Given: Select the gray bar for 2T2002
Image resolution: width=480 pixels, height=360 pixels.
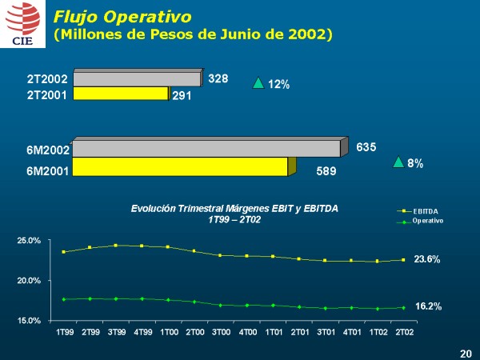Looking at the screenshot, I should (x=136, y=79).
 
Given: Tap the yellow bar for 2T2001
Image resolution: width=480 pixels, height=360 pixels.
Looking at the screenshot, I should (x=121, y=94).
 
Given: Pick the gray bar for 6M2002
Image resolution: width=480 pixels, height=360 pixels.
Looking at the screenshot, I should (x=206, y=149).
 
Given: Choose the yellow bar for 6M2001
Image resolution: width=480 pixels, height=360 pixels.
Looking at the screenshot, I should (x=180, y=166).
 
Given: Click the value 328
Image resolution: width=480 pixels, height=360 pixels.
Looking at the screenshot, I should (x=218, y=79).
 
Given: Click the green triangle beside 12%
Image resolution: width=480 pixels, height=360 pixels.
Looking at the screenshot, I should (x=258, y=82).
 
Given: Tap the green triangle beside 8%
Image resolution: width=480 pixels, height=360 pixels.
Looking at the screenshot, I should (x=398, y=162).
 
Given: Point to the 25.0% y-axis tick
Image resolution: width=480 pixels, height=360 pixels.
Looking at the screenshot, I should (x=30, y=241).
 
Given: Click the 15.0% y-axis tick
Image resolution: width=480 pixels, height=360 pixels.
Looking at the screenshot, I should (x=30, y=321).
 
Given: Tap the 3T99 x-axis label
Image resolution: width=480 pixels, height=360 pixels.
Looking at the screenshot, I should (x=116, y=330).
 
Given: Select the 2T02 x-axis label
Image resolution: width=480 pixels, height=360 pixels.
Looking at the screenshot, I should (x=404, y=330).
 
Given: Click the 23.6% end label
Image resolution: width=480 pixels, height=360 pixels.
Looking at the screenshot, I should (x=428, y=260).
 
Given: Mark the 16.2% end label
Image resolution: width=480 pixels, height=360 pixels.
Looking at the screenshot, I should (x=428, y=306).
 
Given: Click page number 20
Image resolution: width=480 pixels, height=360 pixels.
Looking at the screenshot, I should (x=466, y=353).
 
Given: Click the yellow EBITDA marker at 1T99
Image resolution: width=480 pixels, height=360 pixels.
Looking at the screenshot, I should (x=63, y=252).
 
